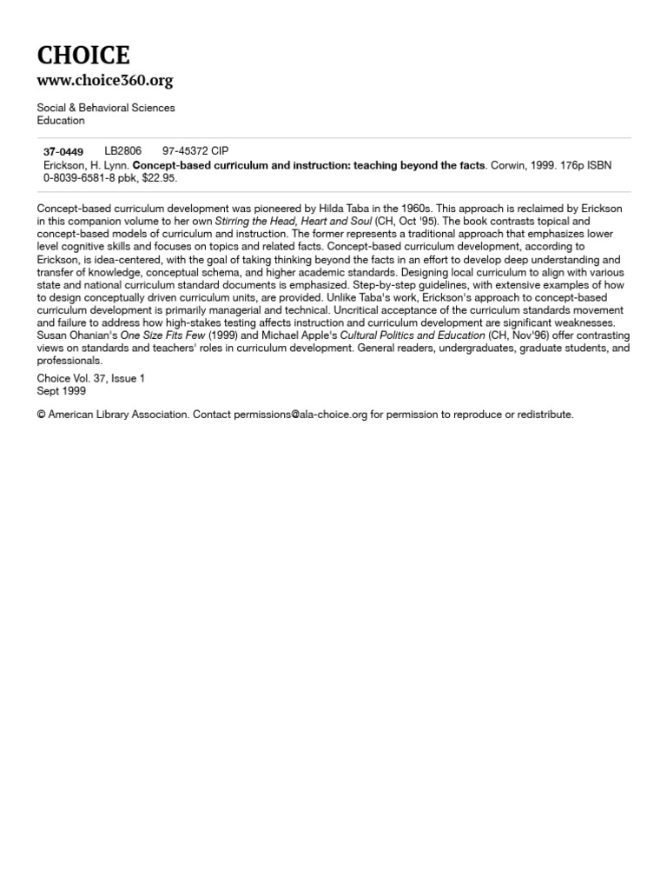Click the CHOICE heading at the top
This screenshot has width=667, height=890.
83,56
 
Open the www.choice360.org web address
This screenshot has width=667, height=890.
104,81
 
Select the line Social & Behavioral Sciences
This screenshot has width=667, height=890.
105,108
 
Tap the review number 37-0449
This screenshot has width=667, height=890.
63,151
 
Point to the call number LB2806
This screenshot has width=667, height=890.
122,151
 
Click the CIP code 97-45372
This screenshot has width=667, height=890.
185,151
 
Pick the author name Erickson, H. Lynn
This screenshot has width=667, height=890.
86,165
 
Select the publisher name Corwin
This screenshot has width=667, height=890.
507,165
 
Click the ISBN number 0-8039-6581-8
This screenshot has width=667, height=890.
82,178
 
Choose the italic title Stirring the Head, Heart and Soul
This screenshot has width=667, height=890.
293,222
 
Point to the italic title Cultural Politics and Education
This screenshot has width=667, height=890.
413,335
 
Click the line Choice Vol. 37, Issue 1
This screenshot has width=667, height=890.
91,379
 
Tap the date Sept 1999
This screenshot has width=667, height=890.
61,391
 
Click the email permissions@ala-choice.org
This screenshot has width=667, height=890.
300,415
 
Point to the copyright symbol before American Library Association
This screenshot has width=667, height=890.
41,415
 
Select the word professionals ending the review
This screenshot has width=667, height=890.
69,361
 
